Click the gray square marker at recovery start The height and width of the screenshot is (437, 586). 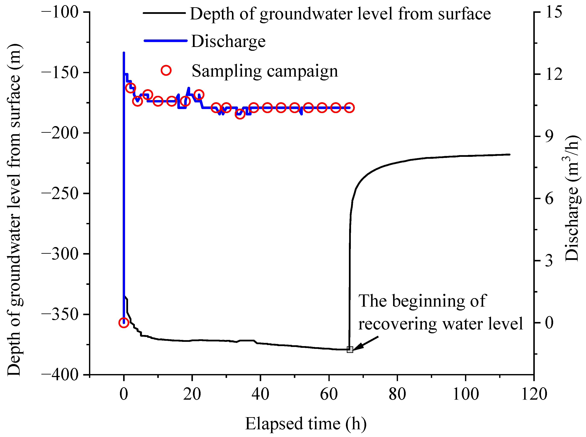pyautogui.click(x=350, y=350)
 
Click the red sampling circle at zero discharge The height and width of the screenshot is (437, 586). pyautogui.click(x=124, y=323)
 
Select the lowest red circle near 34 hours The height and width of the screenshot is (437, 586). pyautogui.click(x=240, y=114)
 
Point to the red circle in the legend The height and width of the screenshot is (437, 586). pyautogui.click(x=166, y=70)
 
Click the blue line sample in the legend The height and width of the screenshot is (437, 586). pyautogui.click(x=165, y=41)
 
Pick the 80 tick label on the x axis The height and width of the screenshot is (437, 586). pyautogui.click(x=397, y=394)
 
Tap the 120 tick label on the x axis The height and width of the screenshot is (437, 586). pyautogui.click(x=534, y=394)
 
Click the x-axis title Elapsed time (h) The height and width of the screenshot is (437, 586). pyautogui.click(x=306, y=424)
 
